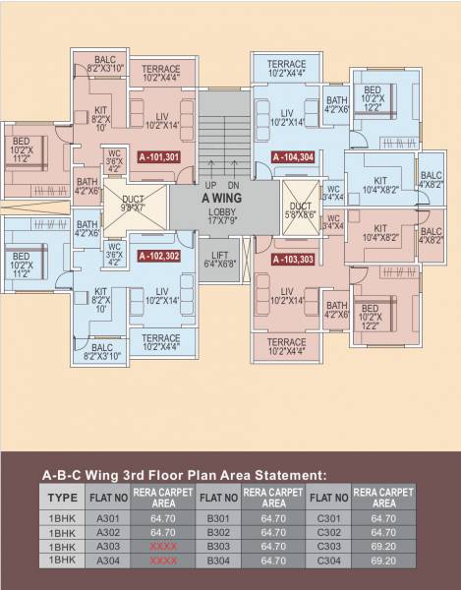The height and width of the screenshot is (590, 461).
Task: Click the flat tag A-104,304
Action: tap(292, 157)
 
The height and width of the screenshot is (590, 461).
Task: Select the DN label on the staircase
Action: tap(234, 185)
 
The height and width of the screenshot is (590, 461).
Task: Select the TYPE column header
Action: tap(62, 496)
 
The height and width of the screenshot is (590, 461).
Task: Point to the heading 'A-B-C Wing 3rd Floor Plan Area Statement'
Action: tap(183, 474)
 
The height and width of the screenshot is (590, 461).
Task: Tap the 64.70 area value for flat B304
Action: tap(270, 560)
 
